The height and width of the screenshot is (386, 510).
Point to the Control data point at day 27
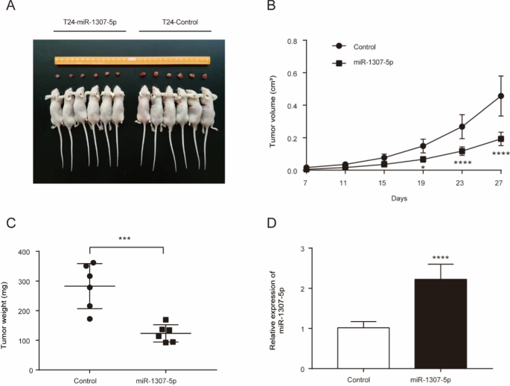500,96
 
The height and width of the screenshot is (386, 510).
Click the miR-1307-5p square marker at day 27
500,139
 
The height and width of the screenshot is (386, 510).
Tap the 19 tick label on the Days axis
423,182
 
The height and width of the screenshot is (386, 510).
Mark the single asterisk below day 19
423,168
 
